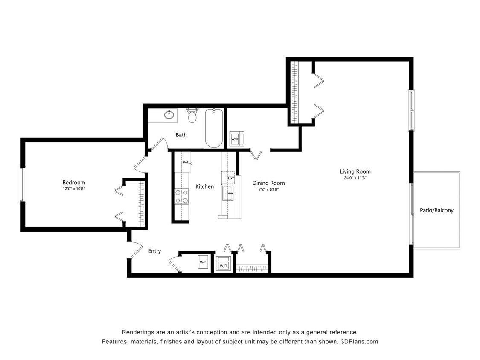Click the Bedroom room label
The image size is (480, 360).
[x=74, y=182]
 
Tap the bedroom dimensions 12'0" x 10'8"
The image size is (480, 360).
[x=74, y=188]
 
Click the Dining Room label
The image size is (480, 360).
[x=268, y=183]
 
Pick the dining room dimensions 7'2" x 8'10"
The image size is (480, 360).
[x=268, y=189]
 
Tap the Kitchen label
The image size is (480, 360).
[x=204, y=186]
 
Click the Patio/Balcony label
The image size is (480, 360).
[x=436, y=210]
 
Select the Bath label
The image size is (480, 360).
[x=181, y=135]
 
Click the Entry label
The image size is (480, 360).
[x=154, y=251]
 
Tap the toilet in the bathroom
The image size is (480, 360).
[x=192, y=115]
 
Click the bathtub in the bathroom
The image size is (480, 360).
[x=213, y=128]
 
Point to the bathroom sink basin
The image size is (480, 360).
[x=169, y=114]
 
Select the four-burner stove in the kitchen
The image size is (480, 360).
[x=182, y=196]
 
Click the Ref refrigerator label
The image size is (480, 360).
[x=186, y=162]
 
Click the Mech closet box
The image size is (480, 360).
[x=203, y=262]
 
